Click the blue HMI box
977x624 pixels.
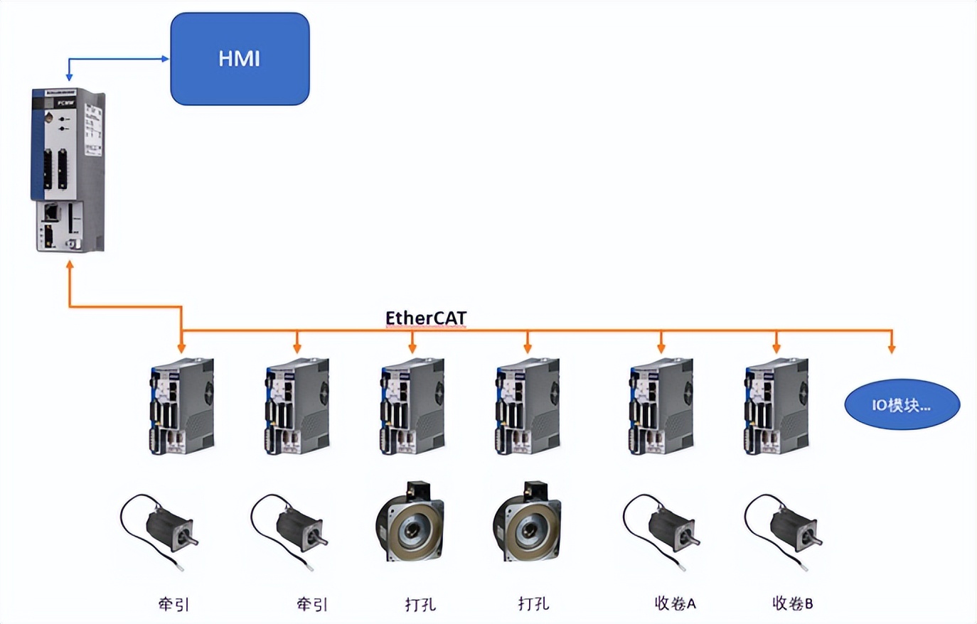240,59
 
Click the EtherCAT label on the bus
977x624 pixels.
426,317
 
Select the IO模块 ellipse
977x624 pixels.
902,405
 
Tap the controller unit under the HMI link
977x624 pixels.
68,171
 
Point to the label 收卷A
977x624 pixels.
675,603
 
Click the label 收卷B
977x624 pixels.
793,603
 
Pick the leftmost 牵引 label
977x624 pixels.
173,604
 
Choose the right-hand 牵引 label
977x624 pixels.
312,604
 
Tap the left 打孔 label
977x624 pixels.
420,604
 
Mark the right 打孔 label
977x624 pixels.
533,604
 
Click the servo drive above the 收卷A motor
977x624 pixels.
661,405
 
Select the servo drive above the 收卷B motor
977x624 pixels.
776,405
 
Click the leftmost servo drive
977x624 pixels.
182,405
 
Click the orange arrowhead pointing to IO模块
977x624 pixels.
892,348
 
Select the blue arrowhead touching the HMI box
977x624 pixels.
166,59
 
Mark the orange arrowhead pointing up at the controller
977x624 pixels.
69,266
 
